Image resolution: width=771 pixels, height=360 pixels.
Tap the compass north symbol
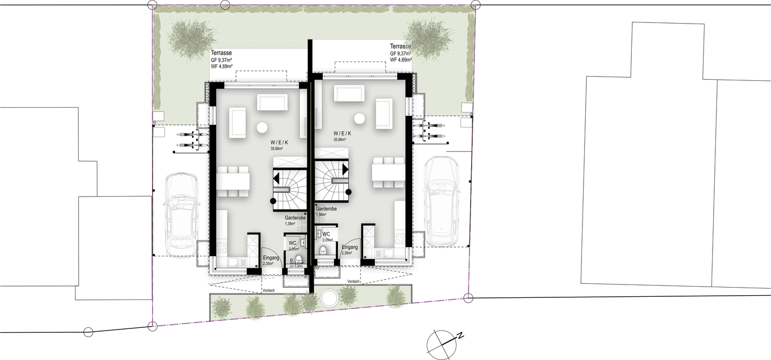442,341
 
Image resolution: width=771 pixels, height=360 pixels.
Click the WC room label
292,244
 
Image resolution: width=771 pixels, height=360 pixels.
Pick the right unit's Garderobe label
326,210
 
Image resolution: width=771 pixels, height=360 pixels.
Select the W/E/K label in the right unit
342,133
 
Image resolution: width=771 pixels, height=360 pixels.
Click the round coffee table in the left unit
262,128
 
